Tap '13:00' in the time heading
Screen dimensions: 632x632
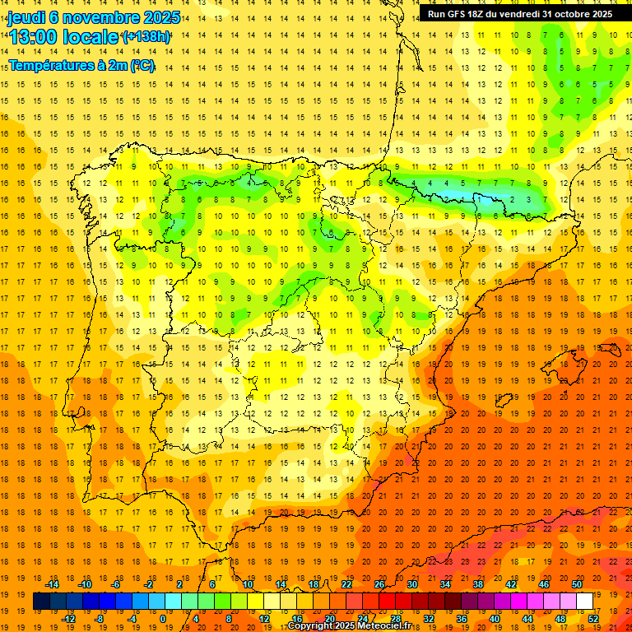[34, 37]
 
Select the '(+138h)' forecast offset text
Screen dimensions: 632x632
[146, 37]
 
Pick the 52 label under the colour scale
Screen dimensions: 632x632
[593, 619]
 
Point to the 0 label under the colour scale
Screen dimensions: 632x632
[163, 619]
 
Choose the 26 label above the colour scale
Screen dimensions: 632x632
[379, 585]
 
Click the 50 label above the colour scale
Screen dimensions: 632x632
[577, 585]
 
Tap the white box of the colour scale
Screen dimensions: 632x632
[585, 602]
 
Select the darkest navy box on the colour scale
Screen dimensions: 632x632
[41, 602]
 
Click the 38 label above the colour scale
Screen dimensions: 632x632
[478, 585]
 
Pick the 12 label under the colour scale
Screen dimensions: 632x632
[264, 619]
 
